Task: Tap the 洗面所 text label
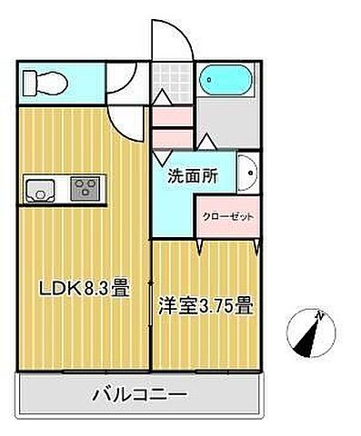(191, 179)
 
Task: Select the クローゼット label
(228, 217)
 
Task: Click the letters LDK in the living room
(55, 290)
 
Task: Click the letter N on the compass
(319, 315)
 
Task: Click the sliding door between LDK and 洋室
(150, 313)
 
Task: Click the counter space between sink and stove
(64, 189)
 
